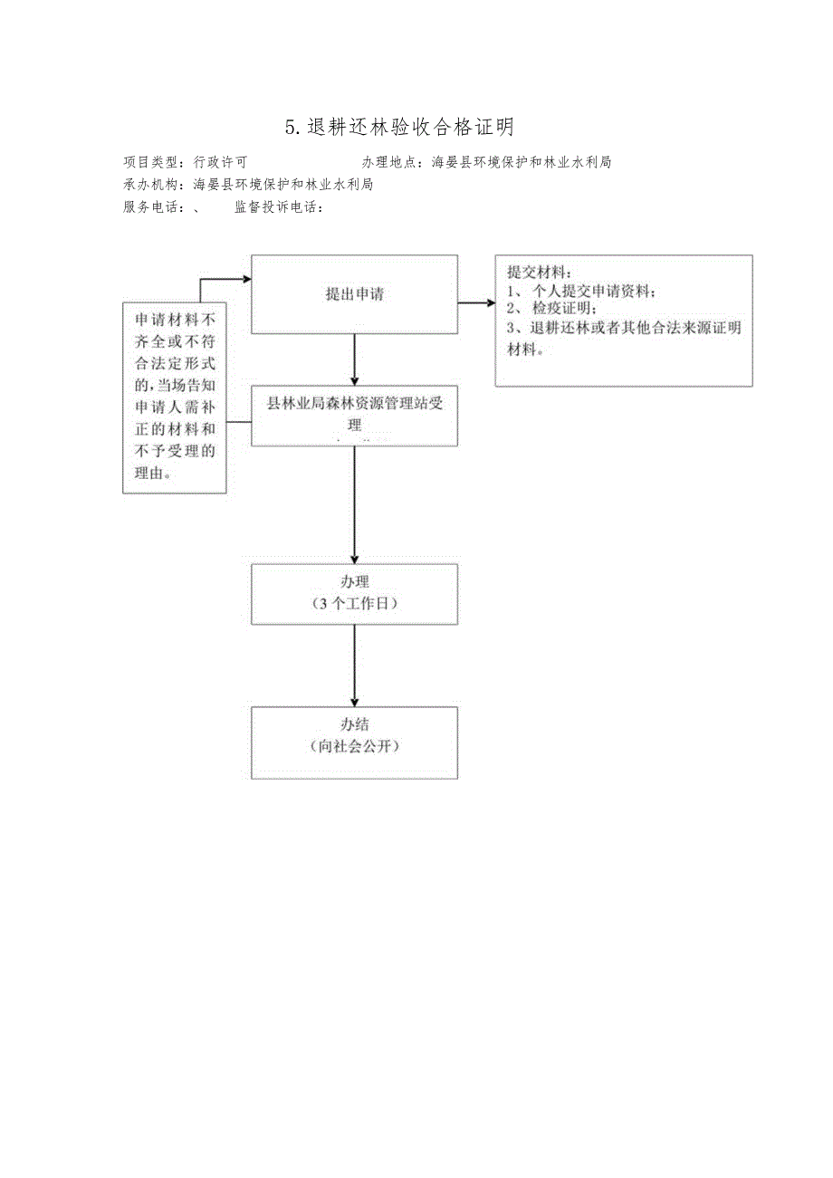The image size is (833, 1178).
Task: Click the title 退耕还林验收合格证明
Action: pyautogui.click(x=399, y=127)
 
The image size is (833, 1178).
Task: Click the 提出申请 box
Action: pyautogui.click(x=354, y=294)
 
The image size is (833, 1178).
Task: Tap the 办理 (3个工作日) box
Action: pyautogui.click(x=354, y=593)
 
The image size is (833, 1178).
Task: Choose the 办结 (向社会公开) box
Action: pyautogui.click(x=354, y=742)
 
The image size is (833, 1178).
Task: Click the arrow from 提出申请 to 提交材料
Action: pyautogui.click(x=476, y=302)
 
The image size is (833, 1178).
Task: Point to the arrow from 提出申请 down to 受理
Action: pyautogui.click(x=354, y=358)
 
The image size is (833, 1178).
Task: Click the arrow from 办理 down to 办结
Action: pyautogui.click(x=354, y=666)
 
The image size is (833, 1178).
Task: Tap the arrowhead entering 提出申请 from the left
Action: pyautogui.click(x=245, y=280)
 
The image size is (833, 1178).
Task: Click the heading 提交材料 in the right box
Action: pyautogui.click(x=540, y=273)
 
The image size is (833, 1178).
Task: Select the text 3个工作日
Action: pyautogui.click(x=354, y=603)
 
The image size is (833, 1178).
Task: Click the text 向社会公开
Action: pyautogui.click(x=354, y=747)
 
